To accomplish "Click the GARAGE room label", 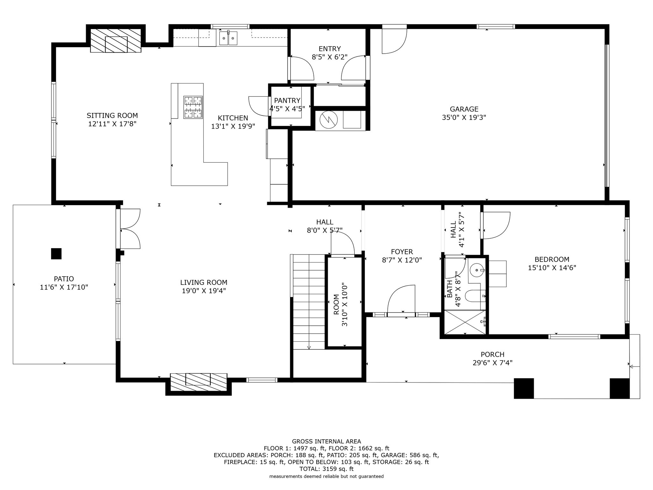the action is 464,109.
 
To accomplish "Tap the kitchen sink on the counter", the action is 228,38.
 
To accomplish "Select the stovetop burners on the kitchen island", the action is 193,107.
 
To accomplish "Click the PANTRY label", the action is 287,100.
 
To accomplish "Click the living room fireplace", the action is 198,382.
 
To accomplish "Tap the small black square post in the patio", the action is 56,254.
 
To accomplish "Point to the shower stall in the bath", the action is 465,322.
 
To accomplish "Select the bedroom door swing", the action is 496,225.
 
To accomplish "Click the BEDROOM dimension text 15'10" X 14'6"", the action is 552,268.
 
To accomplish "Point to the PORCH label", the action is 493,354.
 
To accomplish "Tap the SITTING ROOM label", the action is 112,115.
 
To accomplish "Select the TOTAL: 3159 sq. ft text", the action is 326,469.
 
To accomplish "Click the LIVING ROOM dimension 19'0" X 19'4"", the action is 204,291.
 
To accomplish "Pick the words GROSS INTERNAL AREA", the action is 326,442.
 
